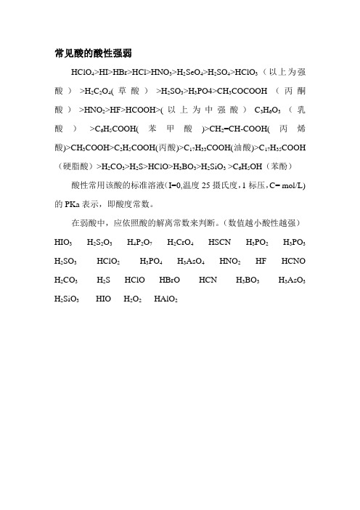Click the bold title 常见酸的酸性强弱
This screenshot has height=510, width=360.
tap(92, 53)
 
